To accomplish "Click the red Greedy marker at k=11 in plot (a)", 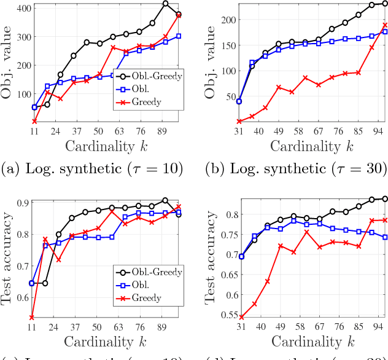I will click(34, 122).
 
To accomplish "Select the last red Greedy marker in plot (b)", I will click(385, 25).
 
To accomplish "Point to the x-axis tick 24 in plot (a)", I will click(60, 131).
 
